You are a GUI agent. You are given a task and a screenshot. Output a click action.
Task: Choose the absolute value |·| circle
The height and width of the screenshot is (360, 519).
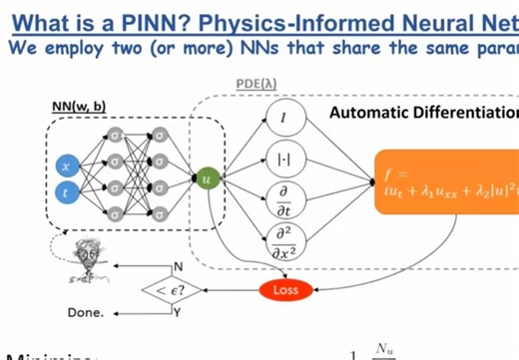pyautogui.click(x=283, y=157)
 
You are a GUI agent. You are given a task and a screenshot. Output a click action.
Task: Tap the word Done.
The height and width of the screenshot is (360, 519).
pyautogui.click(x=84, y=312)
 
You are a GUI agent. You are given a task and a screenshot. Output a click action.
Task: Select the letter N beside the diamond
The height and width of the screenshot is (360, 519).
pyautogui.click(x=179, y=267)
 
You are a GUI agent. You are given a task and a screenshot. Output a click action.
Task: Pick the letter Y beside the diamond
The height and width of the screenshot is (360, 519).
pyautogui.click(x=179, y=312)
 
